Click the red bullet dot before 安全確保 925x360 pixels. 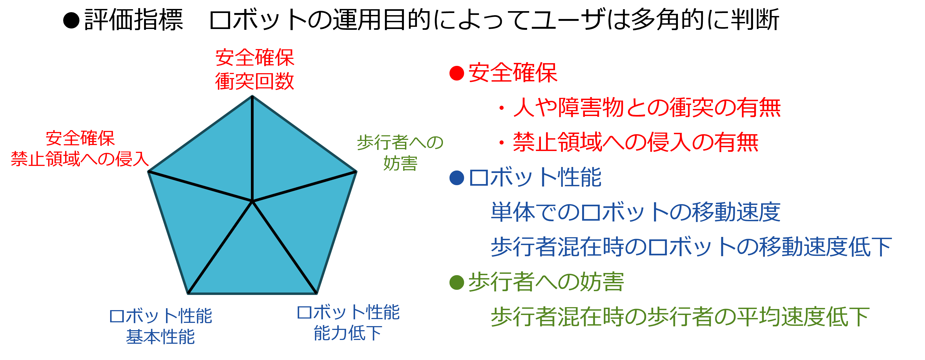coord(457,73)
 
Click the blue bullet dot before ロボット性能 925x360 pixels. coord(457,178)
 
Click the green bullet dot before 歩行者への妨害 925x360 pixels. coord(457,282)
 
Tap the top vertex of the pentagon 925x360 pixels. coord(253,96)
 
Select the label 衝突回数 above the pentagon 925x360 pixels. coord(255,82)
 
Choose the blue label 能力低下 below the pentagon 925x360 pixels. coord(347,333)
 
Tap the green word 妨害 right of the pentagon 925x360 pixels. coord(400,163)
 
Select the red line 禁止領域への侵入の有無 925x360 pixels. coord(636,142)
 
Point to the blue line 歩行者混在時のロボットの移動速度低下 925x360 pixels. coord(691,247)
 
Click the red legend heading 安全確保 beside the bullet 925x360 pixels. coord(513,73)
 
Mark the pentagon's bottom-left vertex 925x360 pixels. coord(189,293)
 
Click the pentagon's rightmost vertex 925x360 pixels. coord(356,172)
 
